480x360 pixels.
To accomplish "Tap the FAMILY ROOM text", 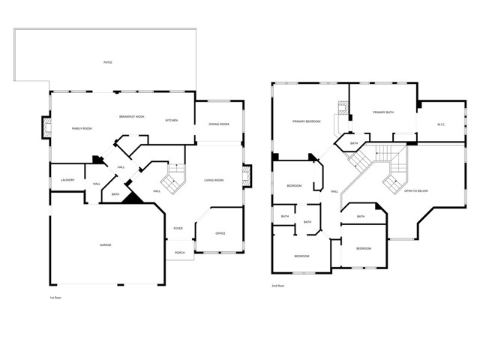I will point(82,129).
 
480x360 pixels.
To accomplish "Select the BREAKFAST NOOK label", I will point(131,116).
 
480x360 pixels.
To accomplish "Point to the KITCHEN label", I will point(171,120).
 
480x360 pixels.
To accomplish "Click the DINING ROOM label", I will point(219,124).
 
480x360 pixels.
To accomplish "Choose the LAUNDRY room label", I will point(67,180).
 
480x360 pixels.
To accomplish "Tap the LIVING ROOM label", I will point(214,180).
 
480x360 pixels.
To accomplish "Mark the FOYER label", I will point(178,228).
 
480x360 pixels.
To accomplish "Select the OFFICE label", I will point(220,233).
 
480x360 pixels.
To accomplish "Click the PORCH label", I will point(180,253).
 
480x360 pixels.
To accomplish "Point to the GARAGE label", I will point(106,245).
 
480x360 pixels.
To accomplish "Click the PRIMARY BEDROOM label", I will point(307,121).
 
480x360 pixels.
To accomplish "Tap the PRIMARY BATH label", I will point(383,112).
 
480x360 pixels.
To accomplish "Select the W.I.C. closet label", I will point(441,124).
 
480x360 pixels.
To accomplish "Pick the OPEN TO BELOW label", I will point(416,190).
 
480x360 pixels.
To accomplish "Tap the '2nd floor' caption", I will point(278,286).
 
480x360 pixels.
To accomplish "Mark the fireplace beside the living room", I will point(247,178).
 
